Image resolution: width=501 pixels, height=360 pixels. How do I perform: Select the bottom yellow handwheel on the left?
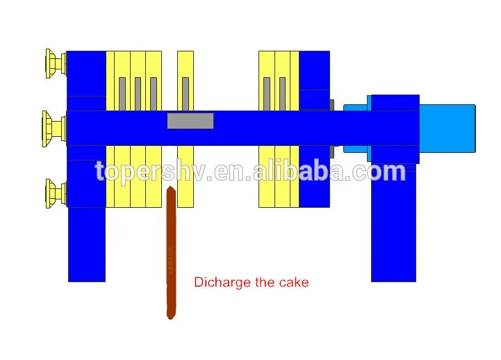click(x=53, y=193)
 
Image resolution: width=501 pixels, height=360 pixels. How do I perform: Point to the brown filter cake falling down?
click(x=171, y=257)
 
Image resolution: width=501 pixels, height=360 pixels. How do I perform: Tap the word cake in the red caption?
click(x=293, y=282)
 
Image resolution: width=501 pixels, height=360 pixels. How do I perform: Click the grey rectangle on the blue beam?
click(x=190, y=121)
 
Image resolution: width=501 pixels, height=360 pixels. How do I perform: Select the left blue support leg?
click(x=87, y=243)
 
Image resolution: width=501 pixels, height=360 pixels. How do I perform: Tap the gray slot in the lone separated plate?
click(x=186, y=94)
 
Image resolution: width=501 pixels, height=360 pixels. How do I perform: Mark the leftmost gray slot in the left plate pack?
click(x=122, y=94)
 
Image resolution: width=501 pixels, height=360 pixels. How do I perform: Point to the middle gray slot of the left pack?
click(x=138, y=94)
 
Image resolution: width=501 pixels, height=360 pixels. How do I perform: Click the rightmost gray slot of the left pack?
click(x=154, y=94)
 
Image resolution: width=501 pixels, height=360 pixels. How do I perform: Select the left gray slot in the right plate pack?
click(x=267, y=94)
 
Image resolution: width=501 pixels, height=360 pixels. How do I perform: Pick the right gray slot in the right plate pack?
click(x=283, y=94)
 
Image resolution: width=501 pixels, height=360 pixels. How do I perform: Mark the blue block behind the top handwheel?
click(x=86, y=73)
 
